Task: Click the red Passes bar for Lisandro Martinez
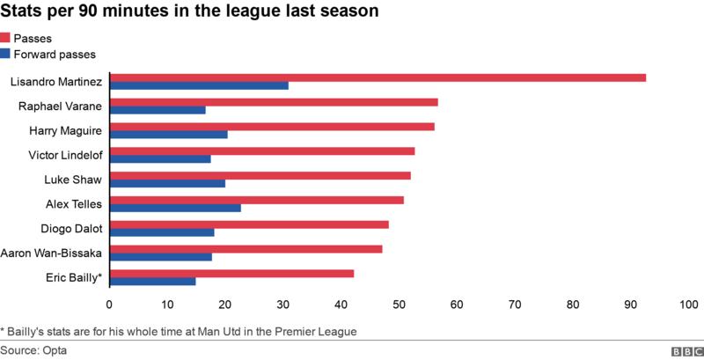click(x=378, y=77)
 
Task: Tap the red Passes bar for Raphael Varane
click(x=274, y=102)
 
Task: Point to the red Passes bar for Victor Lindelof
click(x=262, y=151)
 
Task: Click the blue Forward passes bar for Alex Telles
click(x=175, y=209)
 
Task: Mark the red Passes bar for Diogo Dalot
click(x=249, y=224)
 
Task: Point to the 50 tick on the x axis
click(x=399, y=305)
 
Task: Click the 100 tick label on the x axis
click(x=687, y=305)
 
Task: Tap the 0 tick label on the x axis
click(x=109, y=305)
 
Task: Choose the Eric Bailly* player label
click(x=73, y=278)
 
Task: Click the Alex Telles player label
click(x=73, y=204)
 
